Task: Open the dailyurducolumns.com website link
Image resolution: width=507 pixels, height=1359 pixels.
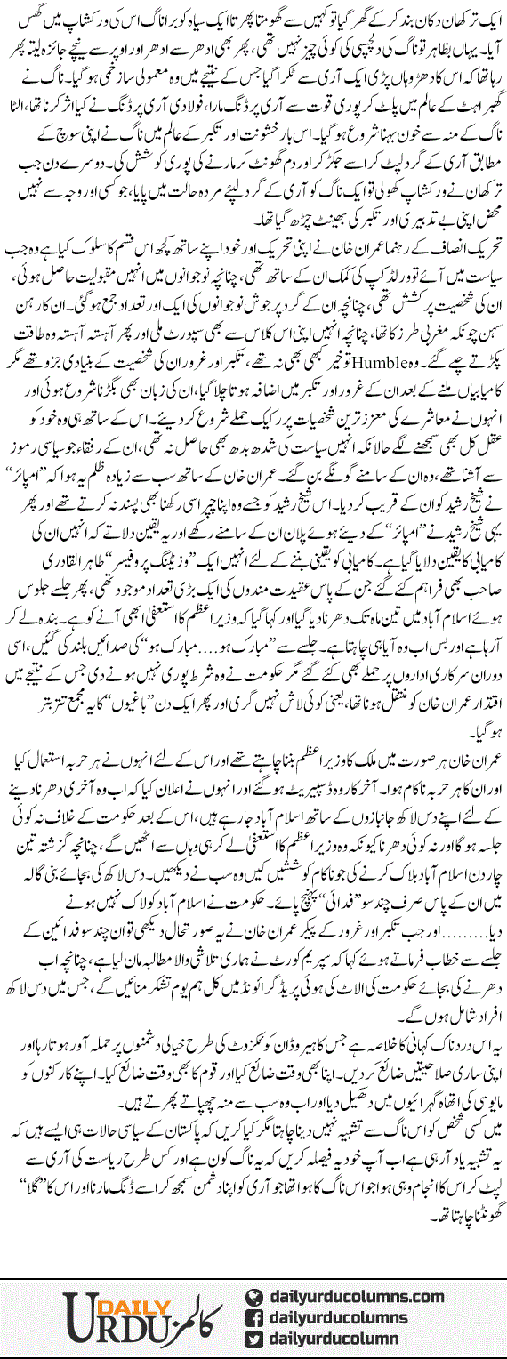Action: [x=356, y=1271]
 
